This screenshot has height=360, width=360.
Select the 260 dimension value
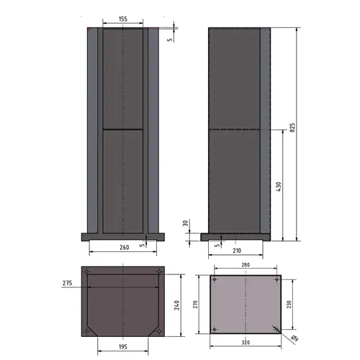point(123,248)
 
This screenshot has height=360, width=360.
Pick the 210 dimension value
point(237,251)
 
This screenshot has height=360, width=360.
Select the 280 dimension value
point(245,266)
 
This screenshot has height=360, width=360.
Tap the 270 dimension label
point(195,305)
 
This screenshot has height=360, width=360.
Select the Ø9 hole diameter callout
point(295,338)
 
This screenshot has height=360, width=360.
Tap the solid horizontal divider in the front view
point(123,129)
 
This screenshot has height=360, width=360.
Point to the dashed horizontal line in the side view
point(234,129)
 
